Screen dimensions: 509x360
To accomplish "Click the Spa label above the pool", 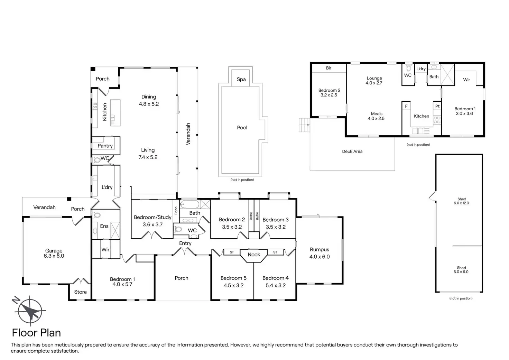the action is [241, 79].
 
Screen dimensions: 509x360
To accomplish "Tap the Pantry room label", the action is [105, 146].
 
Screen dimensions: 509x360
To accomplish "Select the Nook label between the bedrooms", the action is [254, 255].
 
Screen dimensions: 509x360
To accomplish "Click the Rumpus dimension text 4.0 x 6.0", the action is [319, 257].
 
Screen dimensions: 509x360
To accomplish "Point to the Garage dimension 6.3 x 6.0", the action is [54, 256].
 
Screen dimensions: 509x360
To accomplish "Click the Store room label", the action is [81, 292].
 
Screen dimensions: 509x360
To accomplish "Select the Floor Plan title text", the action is [36, 333].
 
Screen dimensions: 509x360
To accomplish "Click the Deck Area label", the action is [352, 151].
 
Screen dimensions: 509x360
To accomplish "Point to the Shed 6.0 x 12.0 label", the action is [461, 201].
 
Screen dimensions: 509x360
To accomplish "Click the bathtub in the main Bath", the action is [189, 204].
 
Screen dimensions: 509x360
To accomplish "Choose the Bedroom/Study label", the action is [152, 217].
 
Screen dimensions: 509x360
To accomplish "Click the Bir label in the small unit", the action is [328, 68].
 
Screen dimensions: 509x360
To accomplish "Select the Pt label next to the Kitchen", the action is [437, 106].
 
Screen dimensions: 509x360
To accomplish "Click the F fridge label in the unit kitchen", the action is [406, 106].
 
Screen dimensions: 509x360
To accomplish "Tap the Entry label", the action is [185, 243].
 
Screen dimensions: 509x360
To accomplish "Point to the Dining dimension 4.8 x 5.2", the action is [149, 104].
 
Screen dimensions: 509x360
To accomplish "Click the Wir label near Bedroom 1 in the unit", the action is [466, 80].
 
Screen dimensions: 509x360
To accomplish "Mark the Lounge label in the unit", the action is [374, 78].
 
